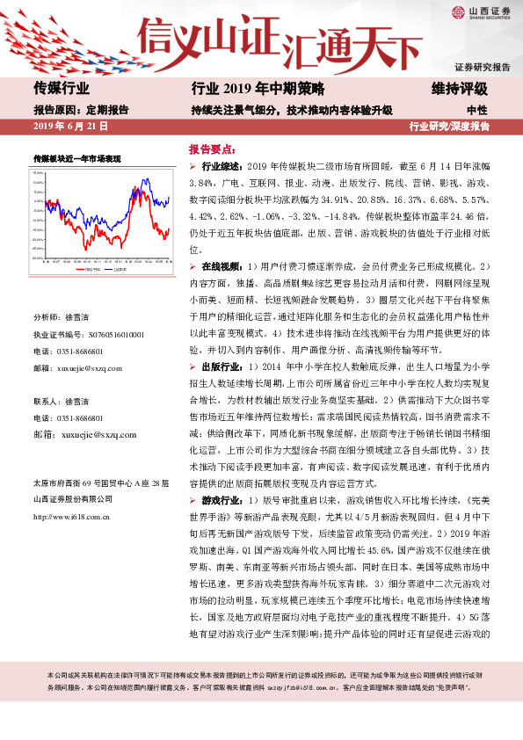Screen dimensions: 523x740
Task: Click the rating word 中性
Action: click(477, 109)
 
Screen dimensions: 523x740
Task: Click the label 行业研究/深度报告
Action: click(449, 127)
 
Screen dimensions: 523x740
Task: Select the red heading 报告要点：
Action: click(214, 149)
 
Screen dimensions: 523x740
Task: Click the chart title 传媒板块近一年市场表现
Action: click(76, 157)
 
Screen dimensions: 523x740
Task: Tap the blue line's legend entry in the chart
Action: click(120, 270)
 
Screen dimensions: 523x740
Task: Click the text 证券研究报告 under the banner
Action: click(483, 67)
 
